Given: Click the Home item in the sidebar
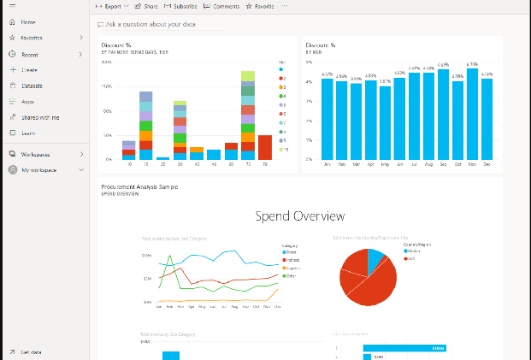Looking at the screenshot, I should point(27,21).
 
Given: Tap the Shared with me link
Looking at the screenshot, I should point(40,117).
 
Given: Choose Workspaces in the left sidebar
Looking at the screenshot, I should point(35,154).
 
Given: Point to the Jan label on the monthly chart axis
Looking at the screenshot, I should point(327,164).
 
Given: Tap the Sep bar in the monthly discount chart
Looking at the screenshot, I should point(443,115).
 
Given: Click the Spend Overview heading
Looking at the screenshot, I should point(300,216).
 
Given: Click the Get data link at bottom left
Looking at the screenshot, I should point(31,351).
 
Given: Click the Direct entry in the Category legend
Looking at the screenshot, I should point(291,252).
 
